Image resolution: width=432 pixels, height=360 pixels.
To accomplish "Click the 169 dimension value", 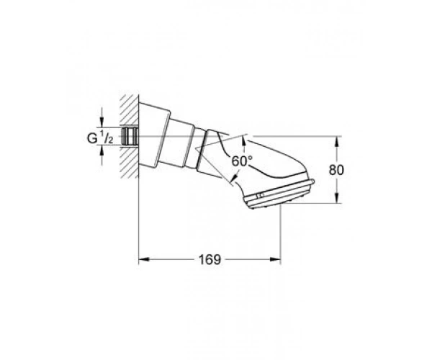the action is click(x=210, y=259).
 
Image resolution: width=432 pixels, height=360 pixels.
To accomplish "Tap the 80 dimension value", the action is click(x=336, y=170).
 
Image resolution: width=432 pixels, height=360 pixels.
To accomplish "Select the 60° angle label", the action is click(x=242, y=161).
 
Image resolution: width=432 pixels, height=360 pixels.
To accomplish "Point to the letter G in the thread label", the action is click(x=92, y=138).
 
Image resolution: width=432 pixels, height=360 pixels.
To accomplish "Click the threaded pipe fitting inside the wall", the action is click(x=130, y=136).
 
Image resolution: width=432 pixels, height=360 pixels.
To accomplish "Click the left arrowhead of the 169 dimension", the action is click(x=143, y=259).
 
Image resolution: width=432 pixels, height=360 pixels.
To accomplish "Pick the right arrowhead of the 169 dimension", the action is click(x=275, y=259).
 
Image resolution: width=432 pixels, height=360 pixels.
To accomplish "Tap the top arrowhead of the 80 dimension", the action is click(x=337, y=142).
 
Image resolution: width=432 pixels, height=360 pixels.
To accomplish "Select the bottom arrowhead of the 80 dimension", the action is click(x=337, y=198).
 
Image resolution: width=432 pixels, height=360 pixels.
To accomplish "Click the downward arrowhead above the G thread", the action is click(x=102, y=122).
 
